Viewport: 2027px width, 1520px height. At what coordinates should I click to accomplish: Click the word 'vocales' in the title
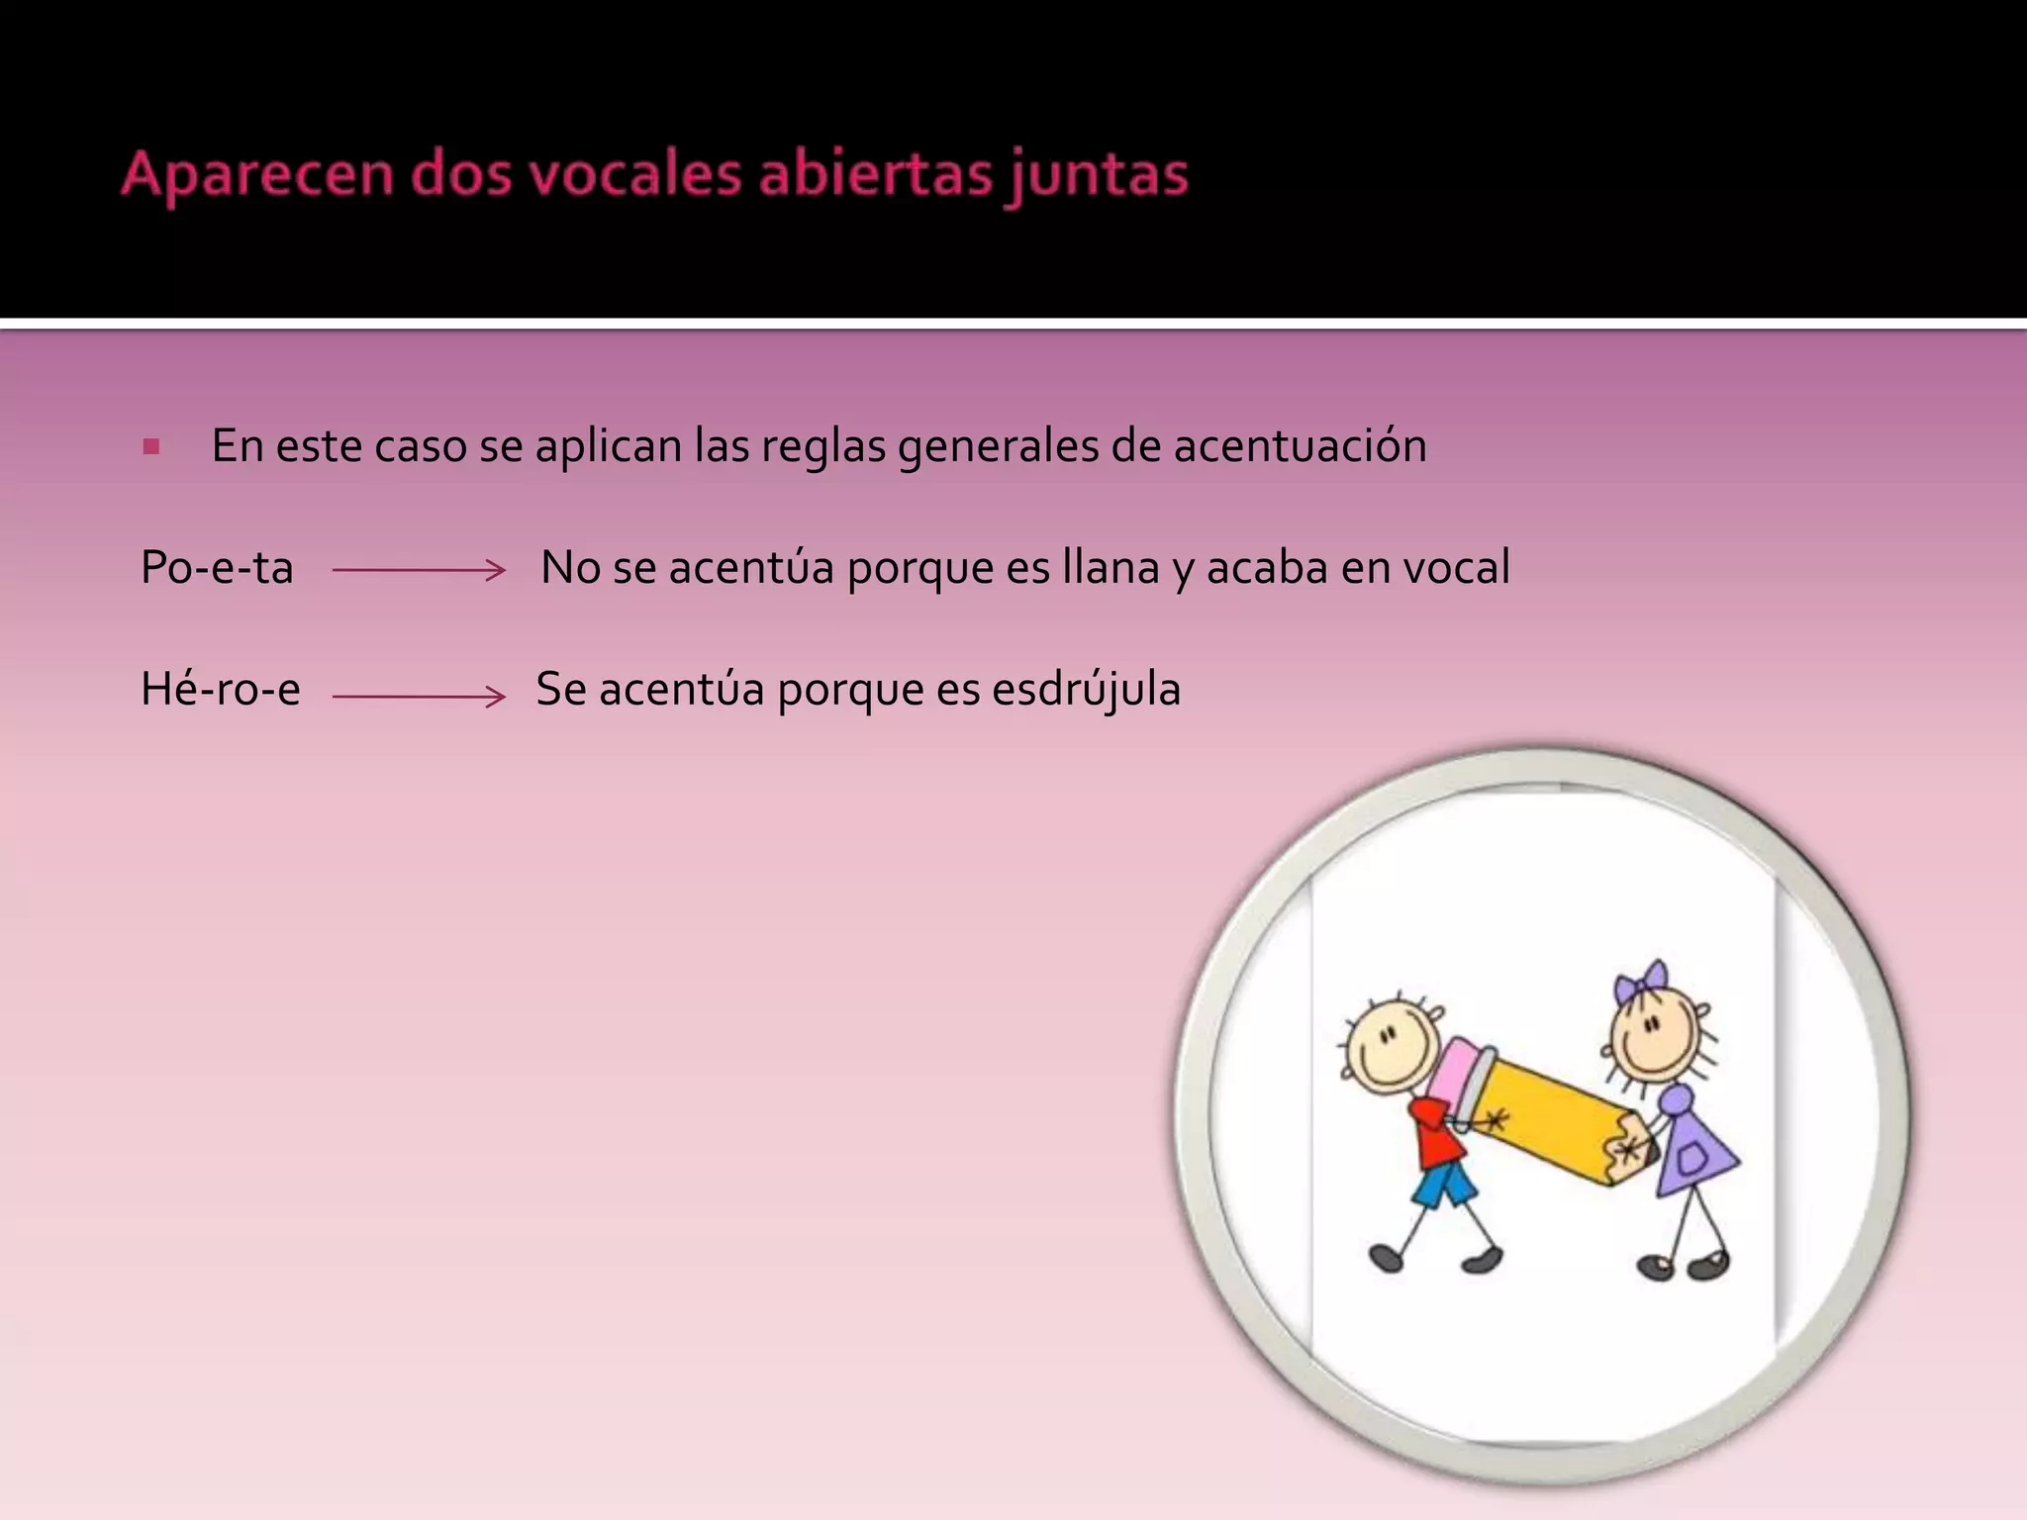point(632,175)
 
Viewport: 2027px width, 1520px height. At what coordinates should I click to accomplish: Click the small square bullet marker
point(150,447)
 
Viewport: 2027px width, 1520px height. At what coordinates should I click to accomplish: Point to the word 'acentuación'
point(1300,446)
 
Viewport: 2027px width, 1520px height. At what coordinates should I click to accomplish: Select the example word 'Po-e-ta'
point(217,569)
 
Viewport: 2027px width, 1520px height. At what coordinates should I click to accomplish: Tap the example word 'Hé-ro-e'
point(221,690)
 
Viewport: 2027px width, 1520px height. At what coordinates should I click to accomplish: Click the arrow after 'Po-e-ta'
point(419,570)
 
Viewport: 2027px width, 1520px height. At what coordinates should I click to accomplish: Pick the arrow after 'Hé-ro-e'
point(419,697)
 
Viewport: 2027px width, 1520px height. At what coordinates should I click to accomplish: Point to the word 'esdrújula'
point(1086,690)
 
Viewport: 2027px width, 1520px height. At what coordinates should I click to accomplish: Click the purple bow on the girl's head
point(1640,982)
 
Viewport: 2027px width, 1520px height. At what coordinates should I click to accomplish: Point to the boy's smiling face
point(1390,1048)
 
